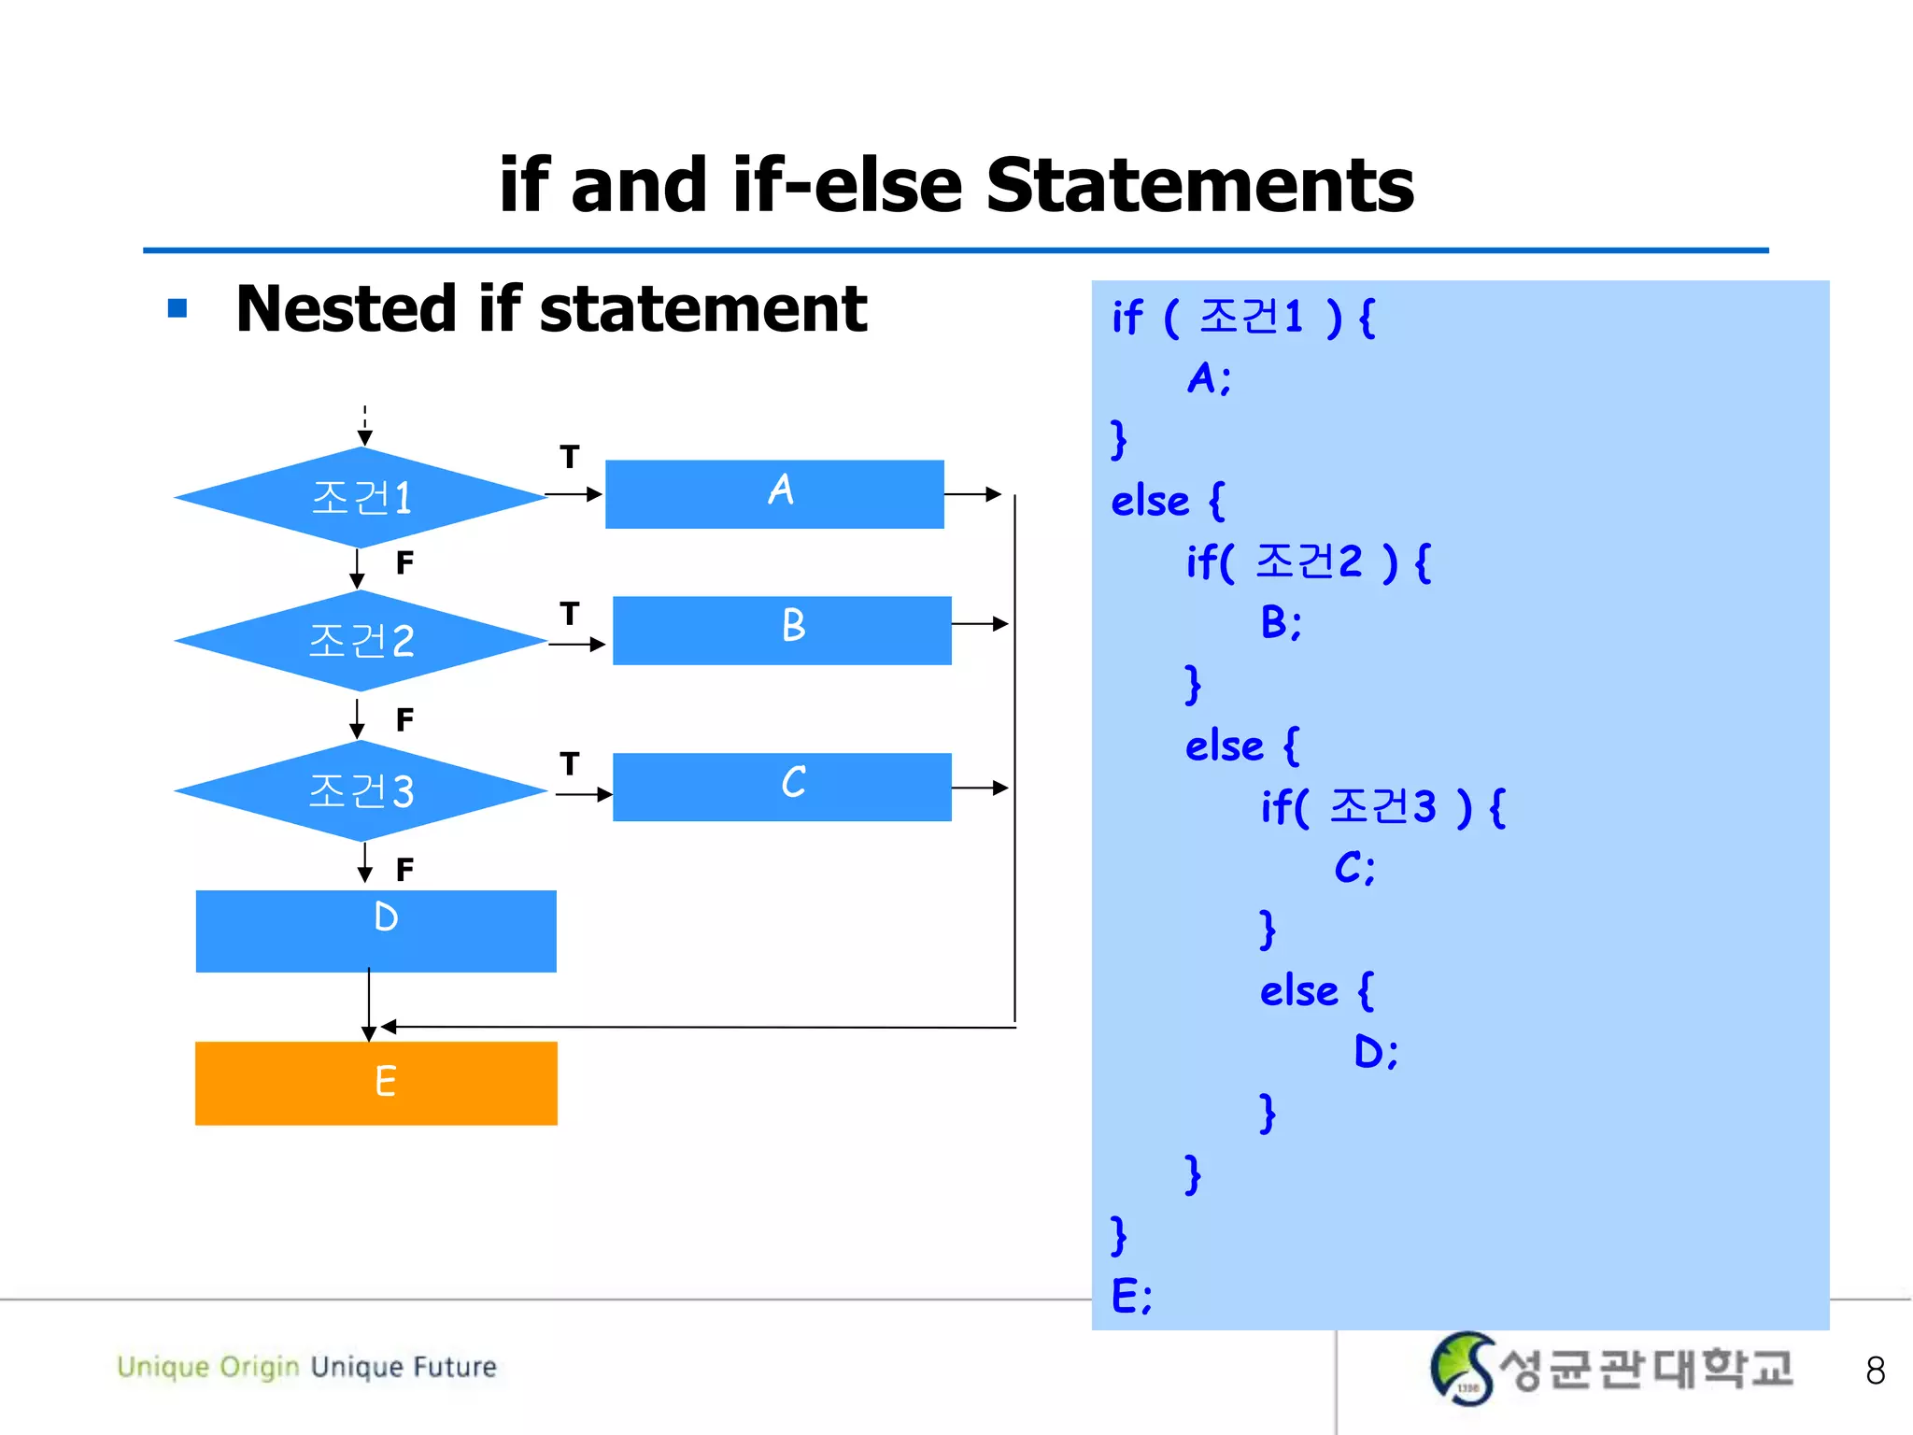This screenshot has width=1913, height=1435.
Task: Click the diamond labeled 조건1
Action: point(361,497)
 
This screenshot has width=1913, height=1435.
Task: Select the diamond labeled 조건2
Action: point(361,641)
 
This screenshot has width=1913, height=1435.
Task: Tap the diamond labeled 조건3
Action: point(361,790)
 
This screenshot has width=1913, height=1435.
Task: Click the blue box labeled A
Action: point(774,494)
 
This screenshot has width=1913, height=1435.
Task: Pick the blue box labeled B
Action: point(782,631)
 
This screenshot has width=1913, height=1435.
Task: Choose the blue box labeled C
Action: point(782,788)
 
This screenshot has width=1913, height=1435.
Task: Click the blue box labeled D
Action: point(376,931)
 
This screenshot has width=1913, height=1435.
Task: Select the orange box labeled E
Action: point(376,1083)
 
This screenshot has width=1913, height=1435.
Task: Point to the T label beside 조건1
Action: point(570,457)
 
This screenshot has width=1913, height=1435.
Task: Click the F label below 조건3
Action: point(404,870)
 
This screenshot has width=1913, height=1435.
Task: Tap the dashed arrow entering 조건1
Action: point(365,425)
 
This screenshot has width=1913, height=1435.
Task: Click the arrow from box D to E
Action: point(369,1005)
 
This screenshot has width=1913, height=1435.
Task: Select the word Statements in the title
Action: point(1199,185)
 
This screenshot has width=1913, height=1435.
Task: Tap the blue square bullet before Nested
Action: point(177,308)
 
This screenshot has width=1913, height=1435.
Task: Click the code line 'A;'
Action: point(1209,378)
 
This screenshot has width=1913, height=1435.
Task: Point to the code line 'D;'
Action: point(1375,1052)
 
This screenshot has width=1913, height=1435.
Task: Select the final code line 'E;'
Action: point(1131,1296)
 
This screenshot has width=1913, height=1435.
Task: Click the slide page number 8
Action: point(1875,1371)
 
